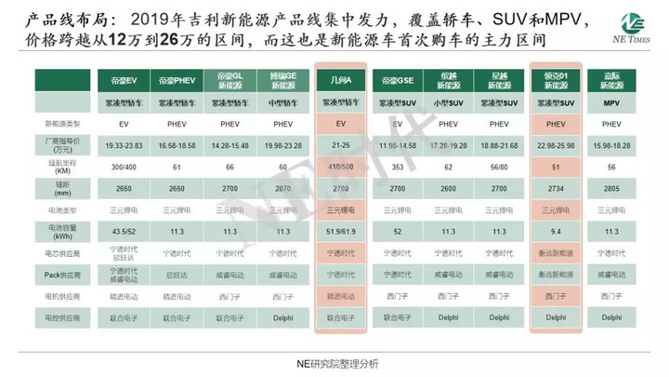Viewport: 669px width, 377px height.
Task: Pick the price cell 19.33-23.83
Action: coord(125,145)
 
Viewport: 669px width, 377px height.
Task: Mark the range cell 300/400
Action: coord(125,167)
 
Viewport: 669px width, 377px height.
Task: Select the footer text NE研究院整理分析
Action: coord(334,361)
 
